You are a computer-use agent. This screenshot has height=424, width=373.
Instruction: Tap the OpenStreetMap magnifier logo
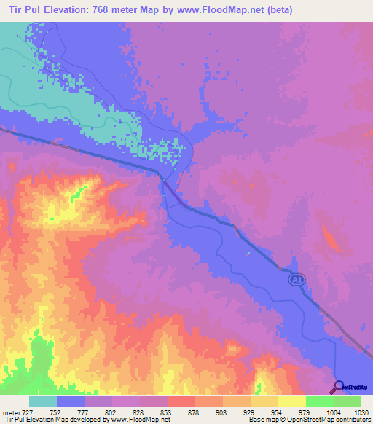coord(339,387)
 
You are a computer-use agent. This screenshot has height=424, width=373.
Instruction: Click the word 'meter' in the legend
coord(9,412)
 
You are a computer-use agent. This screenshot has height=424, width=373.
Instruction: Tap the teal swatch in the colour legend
coord(43,401)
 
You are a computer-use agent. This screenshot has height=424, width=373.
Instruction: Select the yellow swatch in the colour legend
coord(292,401)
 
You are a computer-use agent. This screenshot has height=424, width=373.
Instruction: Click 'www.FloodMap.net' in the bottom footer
coord(141,420)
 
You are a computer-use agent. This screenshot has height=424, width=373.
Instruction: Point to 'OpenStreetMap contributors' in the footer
coord(334,420)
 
